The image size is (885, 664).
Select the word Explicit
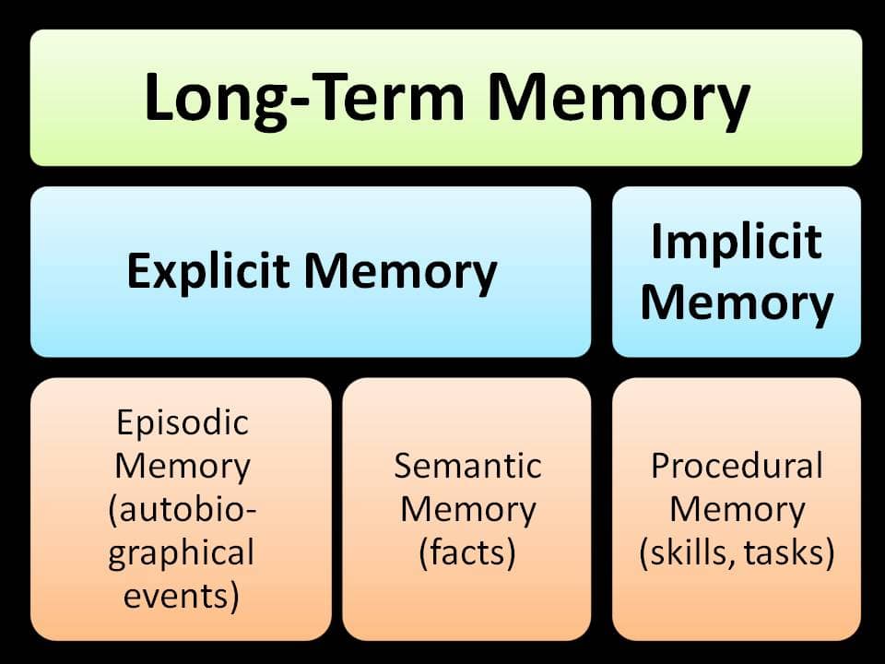click(x=208, y=271)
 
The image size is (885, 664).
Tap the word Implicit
click(x=736, y=242)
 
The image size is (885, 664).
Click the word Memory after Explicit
click(x=401, y=271)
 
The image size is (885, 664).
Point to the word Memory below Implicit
click(x=736, y=302)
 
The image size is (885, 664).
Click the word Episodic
click(x=183, y=422)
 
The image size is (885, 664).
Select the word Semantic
click(x=467, y=466)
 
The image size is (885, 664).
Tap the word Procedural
click(x=736, y=466)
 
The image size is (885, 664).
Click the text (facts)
click(x=466, y=553)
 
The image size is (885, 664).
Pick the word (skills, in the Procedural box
click(x=684, y=553)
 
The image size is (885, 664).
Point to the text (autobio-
click(x=183, y=510)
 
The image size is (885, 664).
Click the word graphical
click(x=183, y=553)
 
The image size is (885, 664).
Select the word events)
click(x=183, y=597)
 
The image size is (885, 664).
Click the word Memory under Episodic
click(x=183, y=466)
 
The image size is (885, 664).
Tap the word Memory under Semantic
click(x=467, y=509)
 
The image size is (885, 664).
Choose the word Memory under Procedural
click(x=736, y=509)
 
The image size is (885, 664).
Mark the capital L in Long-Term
click(x=159, y=97)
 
